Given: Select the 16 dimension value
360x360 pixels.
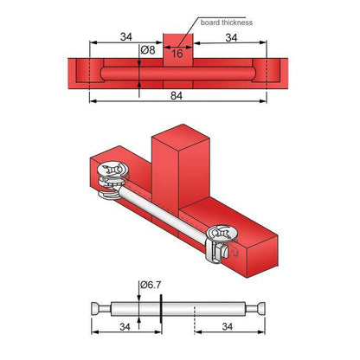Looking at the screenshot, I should click(x=177, y=54).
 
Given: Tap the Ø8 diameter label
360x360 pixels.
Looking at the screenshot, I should click(x=150, y=51).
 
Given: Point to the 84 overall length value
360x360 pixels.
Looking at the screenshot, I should click(x=179, y=98).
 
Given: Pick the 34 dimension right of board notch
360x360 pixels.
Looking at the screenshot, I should click(x=231, y=37).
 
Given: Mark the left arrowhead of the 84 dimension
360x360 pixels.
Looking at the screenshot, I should click(x=93, y=98).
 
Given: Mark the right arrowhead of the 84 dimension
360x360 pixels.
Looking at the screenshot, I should click(x=265, y=98).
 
